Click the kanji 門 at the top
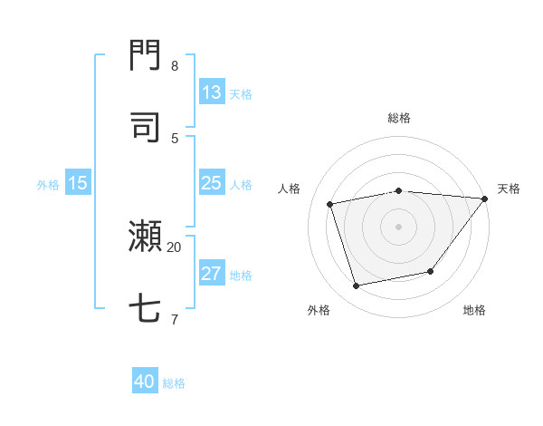146,55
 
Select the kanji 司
146,127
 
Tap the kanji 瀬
146,237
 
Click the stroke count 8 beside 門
175,65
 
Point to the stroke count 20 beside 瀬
175,247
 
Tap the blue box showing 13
212,92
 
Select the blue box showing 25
212,183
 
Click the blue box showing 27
212,274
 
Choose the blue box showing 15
77,183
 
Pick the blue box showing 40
145,382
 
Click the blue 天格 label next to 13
241,93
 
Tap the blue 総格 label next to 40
175,382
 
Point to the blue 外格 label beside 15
48,184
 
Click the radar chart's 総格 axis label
399,118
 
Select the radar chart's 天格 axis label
509,189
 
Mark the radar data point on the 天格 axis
485,198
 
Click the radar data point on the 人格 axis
330,204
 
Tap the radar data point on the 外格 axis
357,286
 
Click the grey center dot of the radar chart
399,226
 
